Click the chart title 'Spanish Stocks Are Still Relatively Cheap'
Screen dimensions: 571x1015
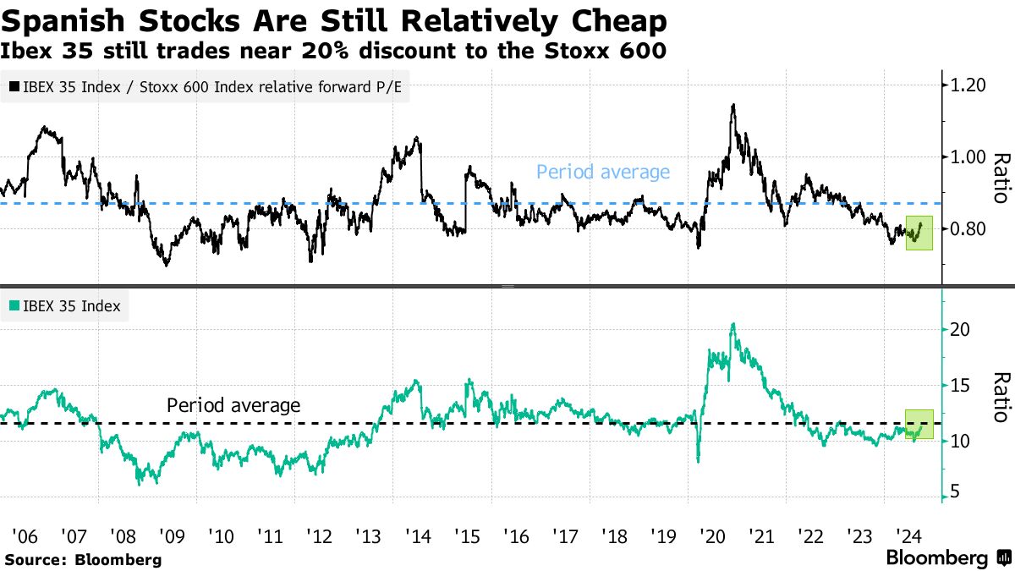tap(334, 19)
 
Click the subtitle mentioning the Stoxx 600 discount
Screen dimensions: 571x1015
tap(334, 51)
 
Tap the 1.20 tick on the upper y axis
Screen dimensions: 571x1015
tap(968, 85)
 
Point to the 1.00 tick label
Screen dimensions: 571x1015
tap(968, 156)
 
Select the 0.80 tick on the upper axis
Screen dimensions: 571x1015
tap(968, 228)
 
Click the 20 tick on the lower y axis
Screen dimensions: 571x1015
tap(960, 329)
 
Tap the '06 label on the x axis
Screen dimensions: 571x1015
tap(24, 535)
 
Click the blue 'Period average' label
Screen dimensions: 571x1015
tap(603, 173)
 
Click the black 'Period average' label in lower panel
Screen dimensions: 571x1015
tap(233, 405)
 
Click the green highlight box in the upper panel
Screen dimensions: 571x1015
tap(919, 233)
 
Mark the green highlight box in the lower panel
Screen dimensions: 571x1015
tap(919, 425)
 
